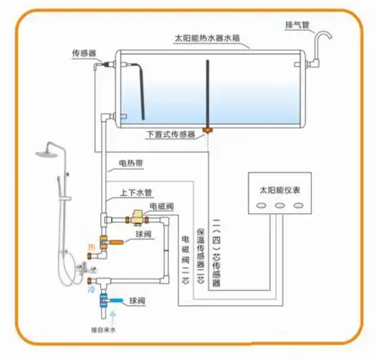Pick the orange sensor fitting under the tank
208,130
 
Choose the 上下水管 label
136,192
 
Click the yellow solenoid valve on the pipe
134,215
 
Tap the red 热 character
91,247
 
